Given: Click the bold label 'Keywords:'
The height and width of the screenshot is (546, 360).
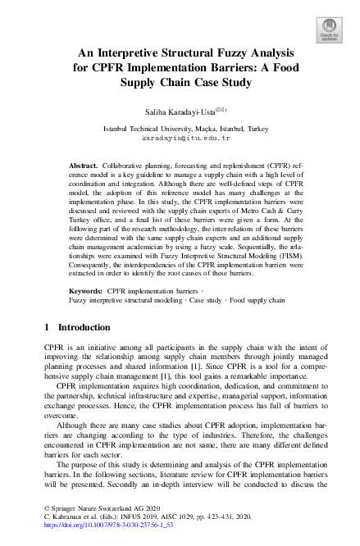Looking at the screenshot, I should tap(86, 291).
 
